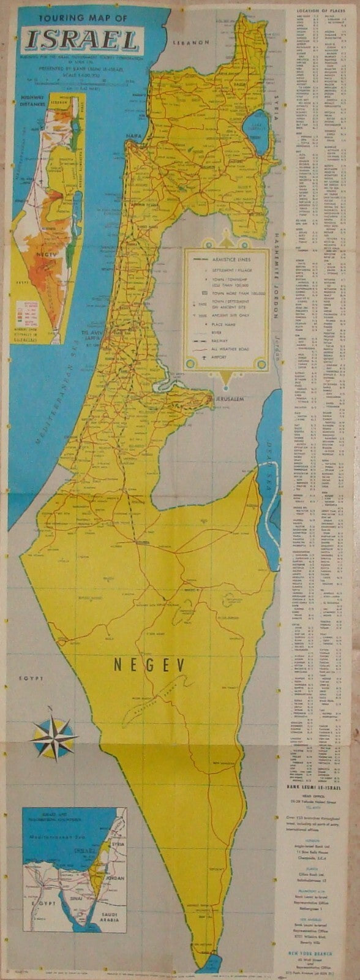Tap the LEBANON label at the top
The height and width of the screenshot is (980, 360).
pos(192,43)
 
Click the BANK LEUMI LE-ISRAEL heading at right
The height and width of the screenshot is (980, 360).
pos(319,771)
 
